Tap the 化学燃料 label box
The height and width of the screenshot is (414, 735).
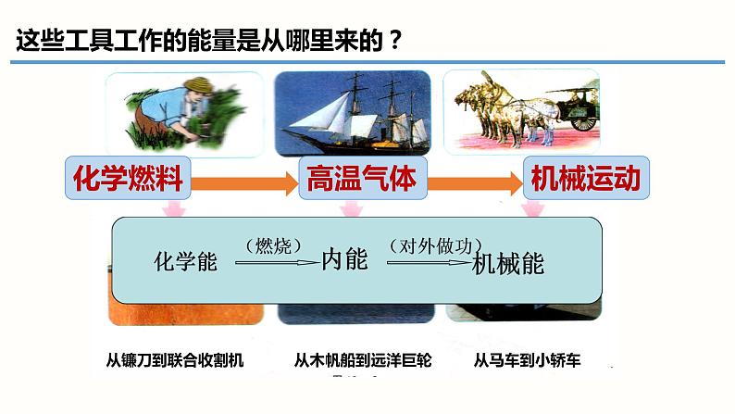point(129,178)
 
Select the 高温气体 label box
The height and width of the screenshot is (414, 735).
point(362,178)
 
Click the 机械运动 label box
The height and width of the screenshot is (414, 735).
point(583,178)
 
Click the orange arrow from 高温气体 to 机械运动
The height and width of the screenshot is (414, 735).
point(472,181)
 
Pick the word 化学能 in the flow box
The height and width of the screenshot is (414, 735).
point(184,261)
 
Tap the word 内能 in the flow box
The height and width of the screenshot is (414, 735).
point(344,259)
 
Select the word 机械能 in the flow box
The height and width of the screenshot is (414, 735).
point(507,263)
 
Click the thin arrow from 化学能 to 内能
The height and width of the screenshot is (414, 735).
point(276,263)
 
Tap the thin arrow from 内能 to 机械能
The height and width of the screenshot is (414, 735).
point(428,263)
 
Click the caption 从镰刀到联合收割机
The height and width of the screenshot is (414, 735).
point(174,360)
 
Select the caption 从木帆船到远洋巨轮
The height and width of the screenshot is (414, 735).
point(362,360)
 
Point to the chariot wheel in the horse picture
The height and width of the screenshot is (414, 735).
point(583,119)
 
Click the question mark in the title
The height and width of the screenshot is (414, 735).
point(395,42)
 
